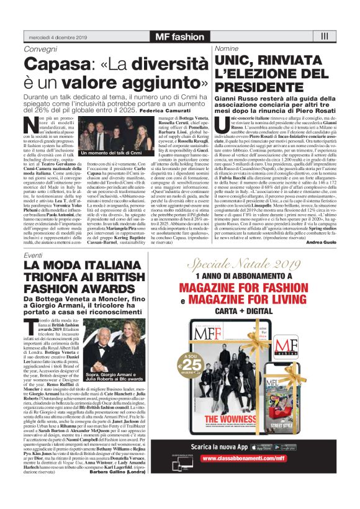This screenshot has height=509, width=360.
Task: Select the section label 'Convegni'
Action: (x=38, y=48)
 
